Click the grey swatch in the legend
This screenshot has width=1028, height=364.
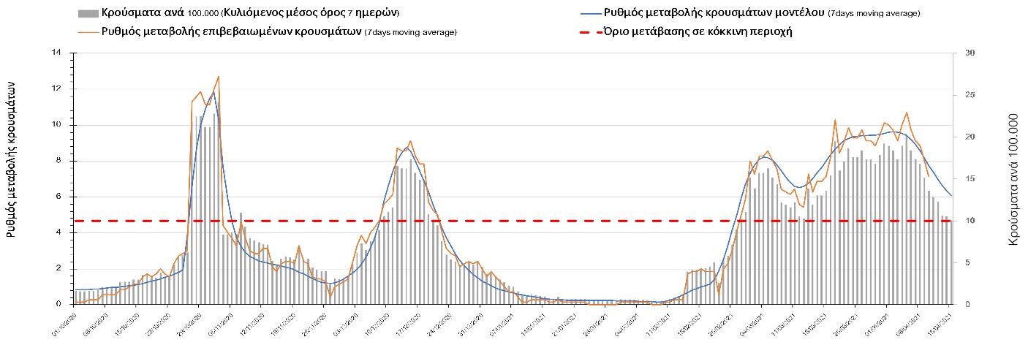click(88, 13)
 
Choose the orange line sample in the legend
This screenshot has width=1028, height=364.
click(88, 31)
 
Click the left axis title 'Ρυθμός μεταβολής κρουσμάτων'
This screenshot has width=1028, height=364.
click(12, 159)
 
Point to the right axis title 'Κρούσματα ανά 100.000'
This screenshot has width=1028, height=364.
click(1014, 178)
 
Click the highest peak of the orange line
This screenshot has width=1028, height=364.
click(219, 76)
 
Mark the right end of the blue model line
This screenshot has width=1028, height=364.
click(951, 195)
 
